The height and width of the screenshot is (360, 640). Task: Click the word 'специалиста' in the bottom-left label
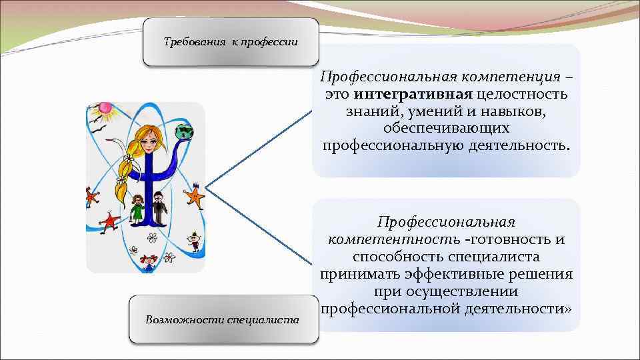click(263, 320)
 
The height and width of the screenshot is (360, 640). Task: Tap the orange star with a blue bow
click(194, 195)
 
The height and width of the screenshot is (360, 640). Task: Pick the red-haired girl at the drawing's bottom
click(147, 261)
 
